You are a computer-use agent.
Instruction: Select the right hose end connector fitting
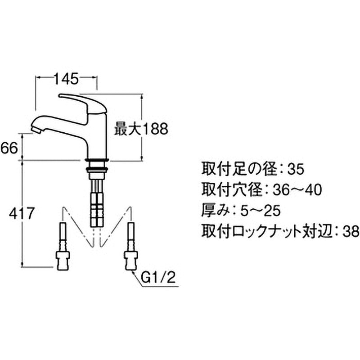pyautogui.click(x=130, y=260)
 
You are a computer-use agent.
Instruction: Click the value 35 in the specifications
pyautogui.click(x=296, y=170)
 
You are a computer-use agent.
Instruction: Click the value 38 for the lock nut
pyautogui.click(x=351, y=231)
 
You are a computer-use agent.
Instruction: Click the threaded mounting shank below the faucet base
pyautogui.click(x=96, y=170)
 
